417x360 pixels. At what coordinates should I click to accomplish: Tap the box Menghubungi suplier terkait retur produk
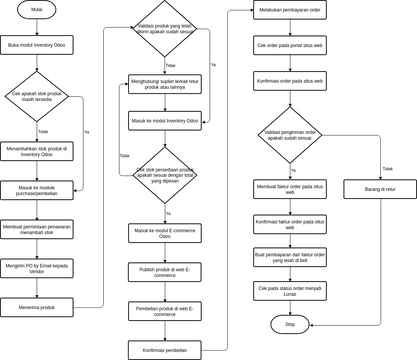[x=165, y=84]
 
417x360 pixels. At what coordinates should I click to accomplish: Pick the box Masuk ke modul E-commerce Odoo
[x=165, y=233]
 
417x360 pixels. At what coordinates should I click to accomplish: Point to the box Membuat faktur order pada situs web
[x=289, y=190]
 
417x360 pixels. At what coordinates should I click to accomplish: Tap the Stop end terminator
[x=289, y=325]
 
